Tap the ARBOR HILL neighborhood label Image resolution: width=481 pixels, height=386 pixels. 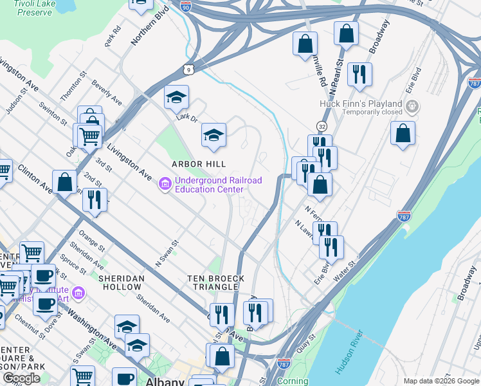[x=197, y=164]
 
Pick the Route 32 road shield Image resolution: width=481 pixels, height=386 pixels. [x=322, y=126]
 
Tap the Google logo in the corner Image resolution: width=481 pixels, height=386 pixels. [x=21, y=378]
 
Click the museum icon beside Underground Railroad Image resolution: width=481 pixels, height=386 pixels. [x=165, y=185]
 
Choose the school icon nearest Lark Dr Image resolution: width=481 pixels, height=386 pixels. [x=176, y=98]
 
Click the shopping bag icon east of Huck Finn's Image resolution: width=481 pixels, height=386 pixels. [x=403, y=133]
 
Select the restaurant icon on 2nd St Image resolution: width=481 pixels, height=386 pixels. [x=95, y=201]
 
